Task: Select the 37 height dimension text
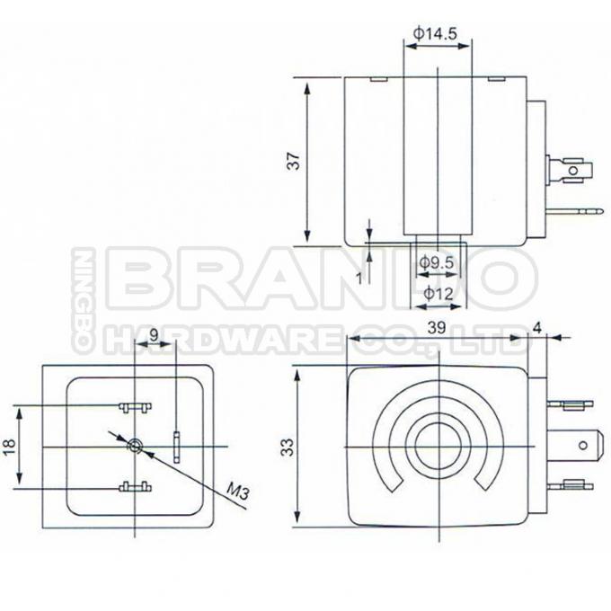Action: pyautogui.click(x=293, y=161)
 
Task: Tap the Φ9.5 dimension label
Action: pyautogui.click(x=438, y=263)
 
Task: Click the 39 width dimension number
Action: pyautogui.click(x=436, y=330)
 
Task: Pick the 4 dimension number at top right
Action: pyautogui.click(x=537, y=328)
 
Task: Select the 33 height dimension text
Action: pyautogui.click(x=287, y=447)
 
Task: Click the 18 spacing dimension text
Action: pyautogui.click(x=10, y=447)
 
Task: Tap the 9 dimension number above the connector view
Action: pyautogui.click(x=154, y=335)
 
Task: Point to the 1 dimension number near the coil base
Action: pyautogui.click(x=359, y=279)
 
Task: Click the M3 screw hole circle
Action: pyautogui.click(x=135, y=446)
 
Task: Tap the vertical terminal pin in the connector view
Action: pyautogui.click(x=177, y=446)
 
